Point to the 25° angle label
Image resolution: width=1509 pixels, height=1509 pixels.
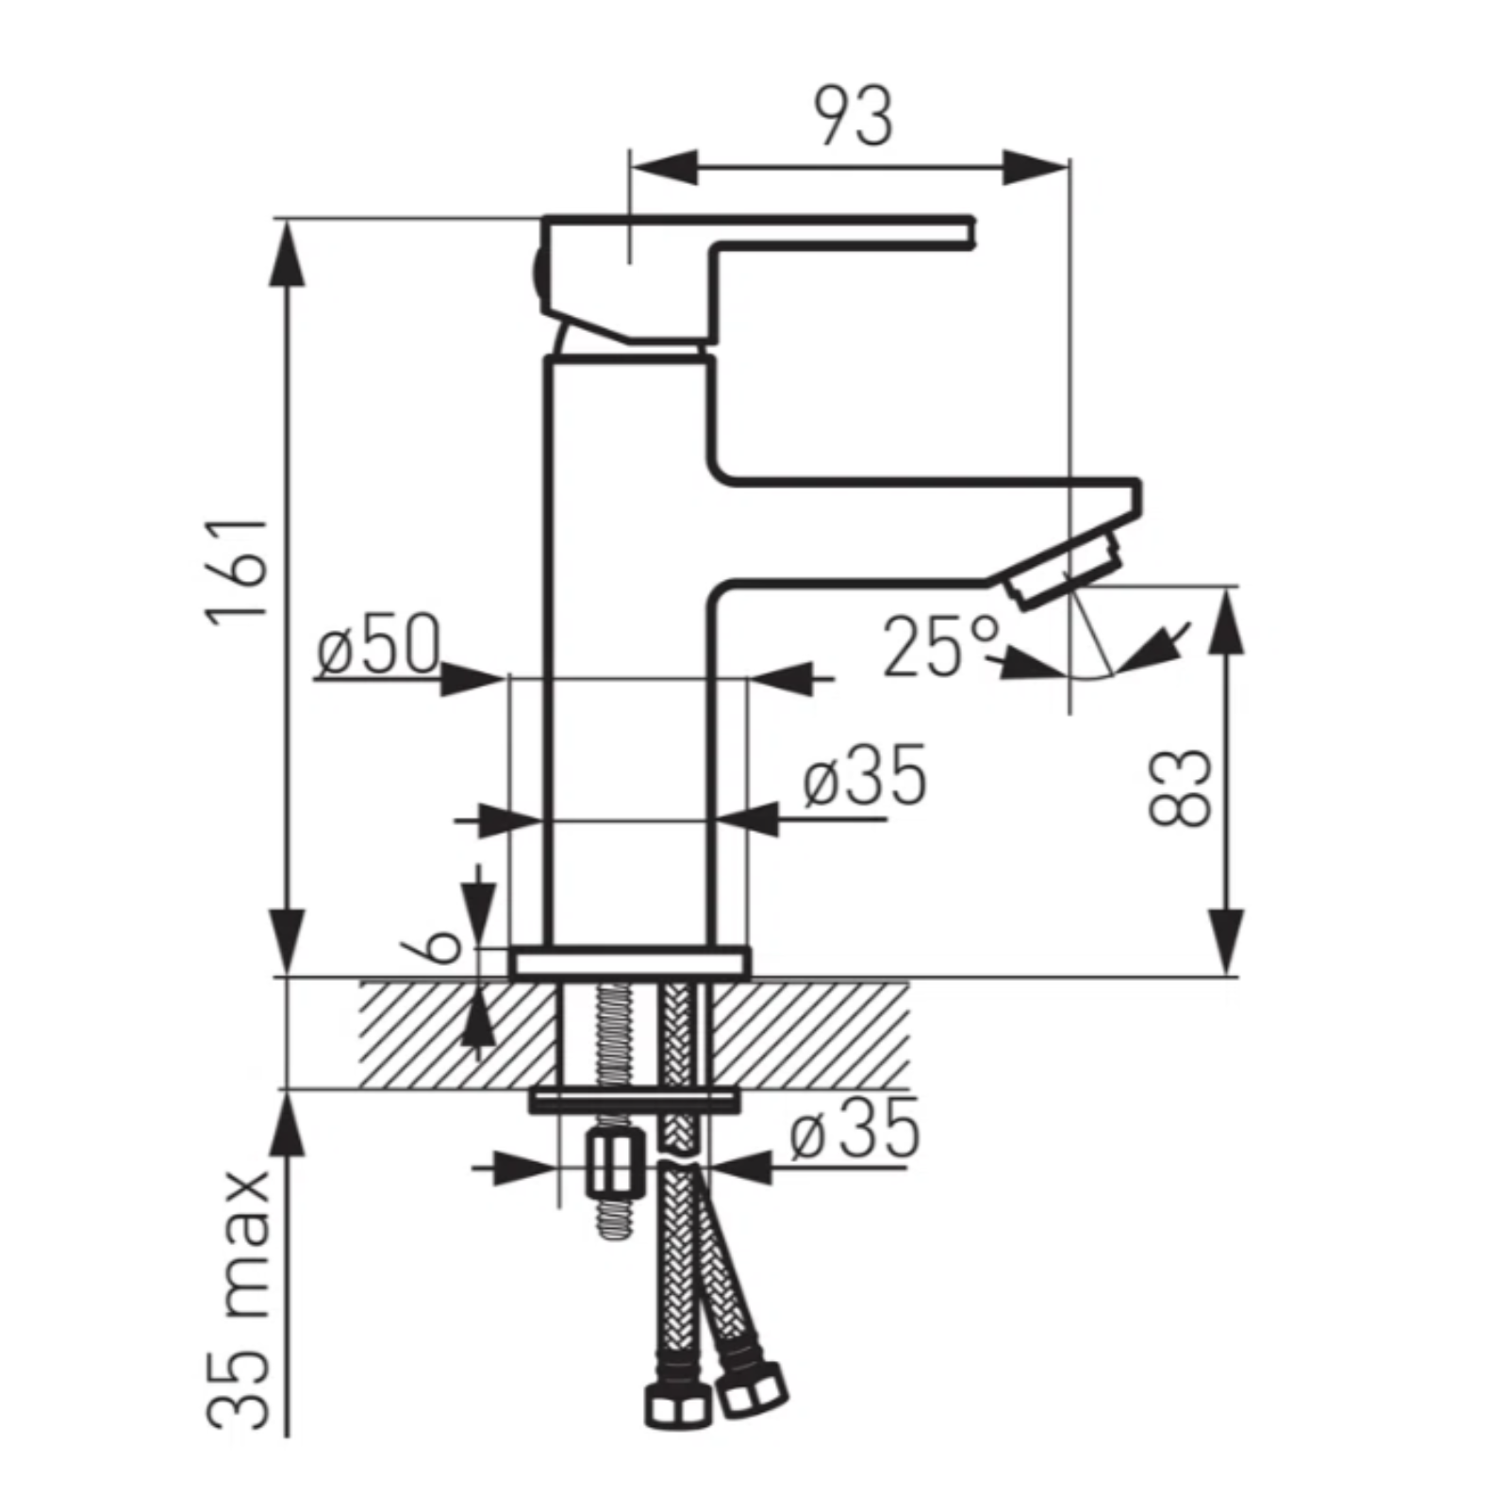(x=940, y=646)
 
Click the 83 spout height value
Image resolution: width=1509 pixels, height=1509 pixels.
(x=1180, y=788)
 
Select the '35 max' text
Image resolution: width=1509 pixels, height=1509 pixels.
(x=239, y=1301)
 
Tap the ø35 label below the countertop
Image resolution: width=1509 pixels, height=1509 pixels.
(x=854, y=1129)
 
